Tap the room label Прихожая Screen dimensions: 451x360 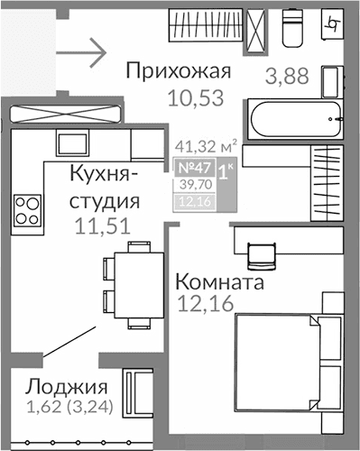[180, 71]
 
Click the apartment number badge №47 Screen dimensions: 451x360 [190, 167]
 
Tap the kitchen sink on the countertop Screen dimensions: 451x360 [71, 143]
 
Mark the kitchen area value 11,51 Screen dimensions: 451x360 [100, 226]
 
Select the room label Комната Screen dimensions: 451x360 [219, 283]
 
